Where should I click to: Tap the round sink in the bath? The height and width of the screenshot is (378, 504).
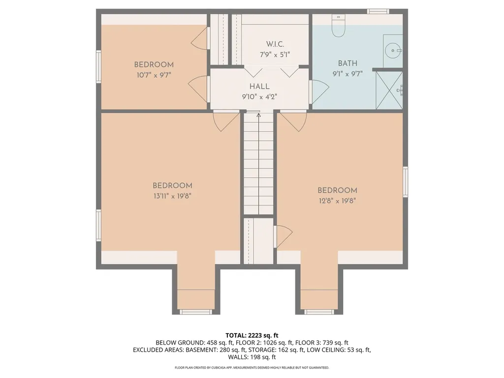(x=393, y=51)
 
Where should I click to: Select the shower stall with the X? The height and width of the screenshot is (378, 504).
(x=389, y=91)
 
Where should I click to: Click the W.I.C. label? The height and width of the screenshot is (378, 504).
(x=275, y=44)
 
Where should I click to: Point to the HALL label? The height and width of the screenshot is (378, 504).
(x=259, y=86)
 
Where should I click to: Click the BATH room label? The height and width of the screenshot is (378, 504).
(x=347, y=63)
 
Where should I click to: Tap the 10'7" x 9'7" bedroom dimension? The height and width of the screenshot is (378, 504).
(x=154, y=75)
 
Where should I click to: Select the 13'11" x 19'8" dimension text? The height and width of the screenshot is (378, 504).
(x=172, y=196)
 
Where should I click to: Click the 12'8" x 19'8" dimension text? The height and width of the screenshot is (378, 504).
(x=337, y=201)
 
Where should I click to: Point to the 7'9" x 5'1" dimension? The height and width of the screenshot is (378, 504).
(x=275, y=55)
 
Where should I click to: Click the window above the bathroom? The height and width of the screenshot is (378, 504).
(x=378, y=12)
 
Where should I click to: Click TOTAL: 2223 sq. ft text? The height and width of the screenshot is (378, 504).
(x=252, y=336)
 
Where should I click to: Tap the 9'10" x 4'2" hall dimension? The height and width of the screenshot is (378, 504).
(x=259, y=97)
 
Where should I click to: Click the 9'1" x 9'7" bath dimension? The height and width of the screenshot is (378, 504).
(x=347, y=74)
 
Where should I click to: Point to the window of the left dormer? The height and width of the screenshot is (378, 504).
(x=195, y=312)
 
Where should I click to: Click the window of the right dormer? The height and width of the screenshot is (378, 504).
(x=319, y=312)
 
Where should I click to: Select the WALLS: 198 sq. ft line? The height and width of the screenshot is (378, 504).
(x=252, y=357)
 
